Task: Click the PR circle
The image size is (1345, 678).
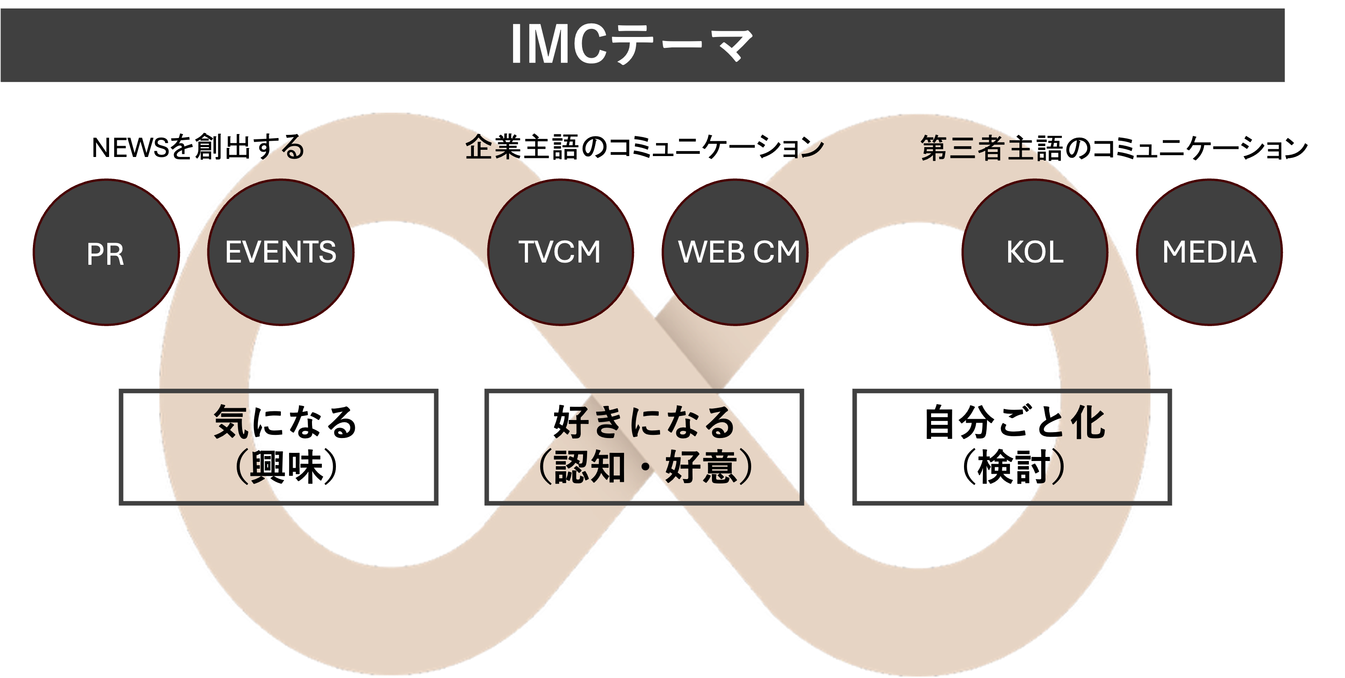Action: pos(106,252)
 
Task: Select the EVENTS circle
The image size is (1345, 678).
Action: pos(280,252)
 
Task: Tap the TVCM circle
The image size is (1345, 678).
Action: pos(560,252)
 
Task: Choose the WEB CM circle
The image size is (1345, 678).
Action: pos(734,252)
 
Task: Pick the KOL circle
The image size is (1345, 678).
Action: pos(1035,252)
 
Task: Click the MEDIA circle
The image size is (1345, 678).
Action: pos(1209,252)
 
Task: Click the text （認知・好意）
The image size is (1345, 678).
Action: pos(645,466)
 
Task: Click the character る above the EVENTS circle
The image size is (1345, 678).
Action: pos(292,148)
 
